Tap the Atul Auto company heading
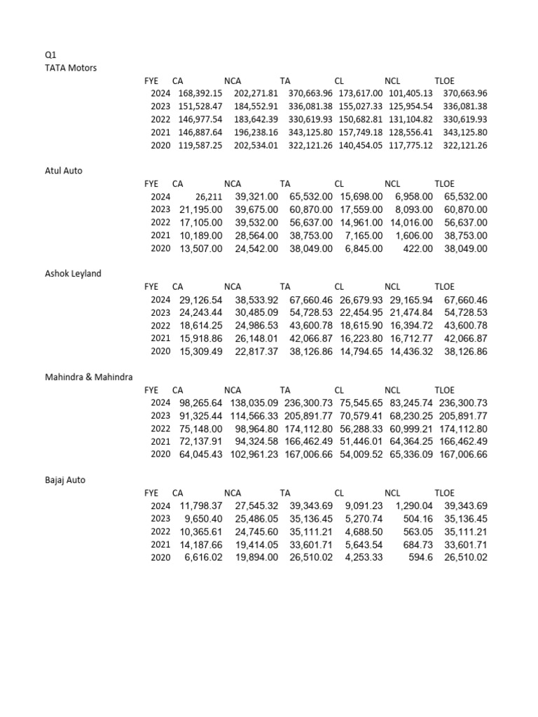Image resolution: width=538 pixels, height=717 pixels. click(63, 170)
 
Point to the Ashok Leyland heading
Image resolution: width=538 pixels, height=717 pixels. click(73, 273)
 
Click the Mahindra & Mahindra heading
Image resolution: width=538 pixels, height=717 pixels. click(88, 377)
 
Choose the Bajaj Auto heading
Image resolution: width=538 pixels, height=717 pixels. click(65, 480)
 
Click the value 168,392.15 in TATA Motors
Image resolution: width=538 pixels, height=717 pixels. click(200, 93)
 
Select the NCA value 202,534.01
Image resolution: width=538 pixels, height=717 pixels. click(256, 146)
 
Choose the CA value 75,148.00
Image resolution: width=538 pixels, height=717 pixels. click(201, 429)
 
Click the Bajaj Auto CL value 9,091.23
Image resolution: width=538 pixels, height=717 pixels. click(364, 506)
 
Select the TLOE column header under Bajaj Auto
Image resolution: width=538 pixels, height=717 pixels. click(444, 493)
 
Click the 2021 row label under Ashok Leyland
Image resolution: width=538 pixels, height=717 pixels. click(160, 338)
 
